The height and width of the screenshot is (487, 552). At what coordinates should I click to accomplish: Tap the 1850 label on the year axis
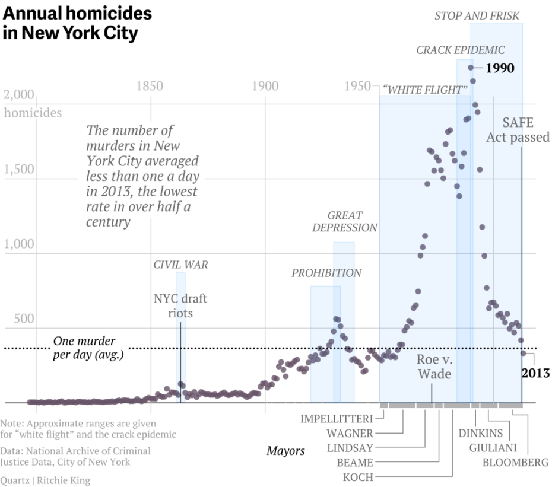coord(149,87)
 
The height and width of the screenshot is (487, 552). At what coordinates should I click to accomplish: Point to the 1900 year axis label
coord(264,87)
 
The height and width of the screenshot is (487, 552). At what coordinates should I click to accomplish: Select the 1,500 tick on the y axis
coord(20,170)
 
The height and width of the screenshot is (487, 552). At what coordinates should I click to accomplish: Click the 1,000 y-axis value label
coord(20,244)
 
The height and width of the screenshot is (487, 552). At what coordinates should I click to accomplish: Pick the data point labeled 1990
coord(471,68)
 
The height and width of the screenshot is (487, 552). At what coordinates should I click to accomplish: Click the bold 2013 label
coord(535,373)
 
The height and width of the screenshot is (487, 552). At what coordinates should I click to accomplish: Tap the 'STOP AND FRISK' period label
coord(477,16)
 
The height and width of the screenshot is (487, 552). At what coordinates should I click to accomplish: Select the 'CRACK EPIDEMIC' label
coord(460,50)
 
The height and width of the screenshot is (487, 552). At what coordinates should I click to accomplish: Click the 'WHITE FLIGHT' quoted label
coord(425,90)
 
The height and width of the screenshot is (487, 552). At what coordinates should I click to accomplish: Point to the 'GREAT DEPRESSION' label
coord(345,221)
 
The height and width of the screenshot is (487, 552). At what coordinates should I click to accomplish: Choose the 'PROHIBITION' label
coord(326,273)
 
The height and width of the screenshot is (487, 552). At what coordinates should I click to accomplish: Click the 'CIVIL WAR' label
coord(180,265)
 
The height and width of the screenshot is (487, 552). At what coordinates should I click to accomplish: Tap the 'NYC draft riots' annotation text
coord(180,305)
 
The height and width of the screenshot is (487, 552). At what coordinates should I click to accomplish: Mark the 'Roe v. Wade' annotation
coord(434,367)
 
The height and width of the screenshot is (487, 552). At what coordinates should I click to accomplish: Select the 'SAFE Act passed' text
coord(518,130)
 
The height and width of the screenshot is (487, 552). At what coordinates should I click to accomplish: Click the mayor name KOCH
coord(358,477)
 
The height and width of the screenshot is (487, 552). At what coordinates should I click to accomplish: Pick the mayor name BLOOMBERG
coord(515,463)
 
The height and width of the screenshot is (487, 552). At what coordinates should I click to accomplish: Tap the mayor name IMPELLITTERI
coord(336,419)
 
